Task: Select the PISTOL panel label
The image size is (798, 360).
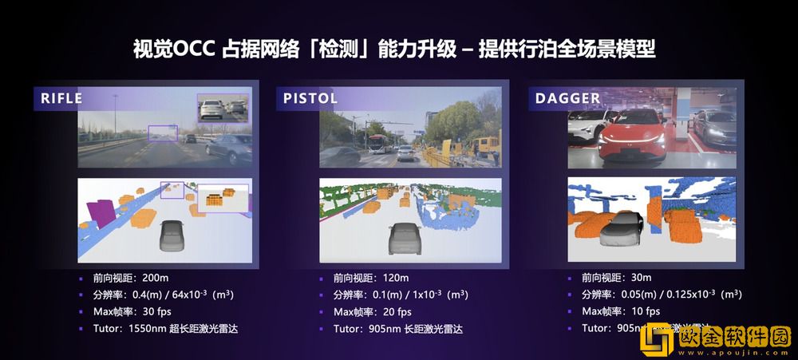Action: [x=310, y=99]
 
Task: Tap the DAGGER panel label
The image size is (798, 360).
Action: [x=567, y=99]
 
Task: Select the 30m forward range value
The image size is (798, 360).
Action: [x=640, y=279]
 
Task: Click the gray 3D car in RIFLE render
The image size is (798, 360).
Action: [x=171, y=236]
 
